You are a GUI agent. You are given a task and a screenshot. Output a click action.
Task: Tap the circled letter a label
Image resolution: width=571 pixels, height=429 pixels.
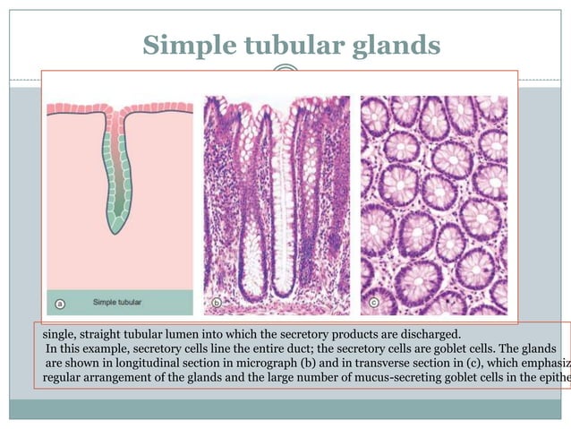click(x=60, y=303)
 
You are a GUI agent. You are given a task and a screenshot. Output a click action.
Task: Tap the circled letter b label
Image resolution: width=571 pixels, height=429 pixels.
click(x=217, y=304)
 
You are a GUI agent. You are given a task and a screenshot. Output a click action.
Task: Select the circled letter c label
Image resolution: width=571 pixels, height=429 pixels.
click(x=373, y=304)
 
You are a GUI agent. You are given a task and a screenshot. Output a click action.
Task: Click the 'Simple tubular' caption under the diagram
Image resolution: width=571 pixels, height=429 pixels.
click(x=124, y=303)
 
